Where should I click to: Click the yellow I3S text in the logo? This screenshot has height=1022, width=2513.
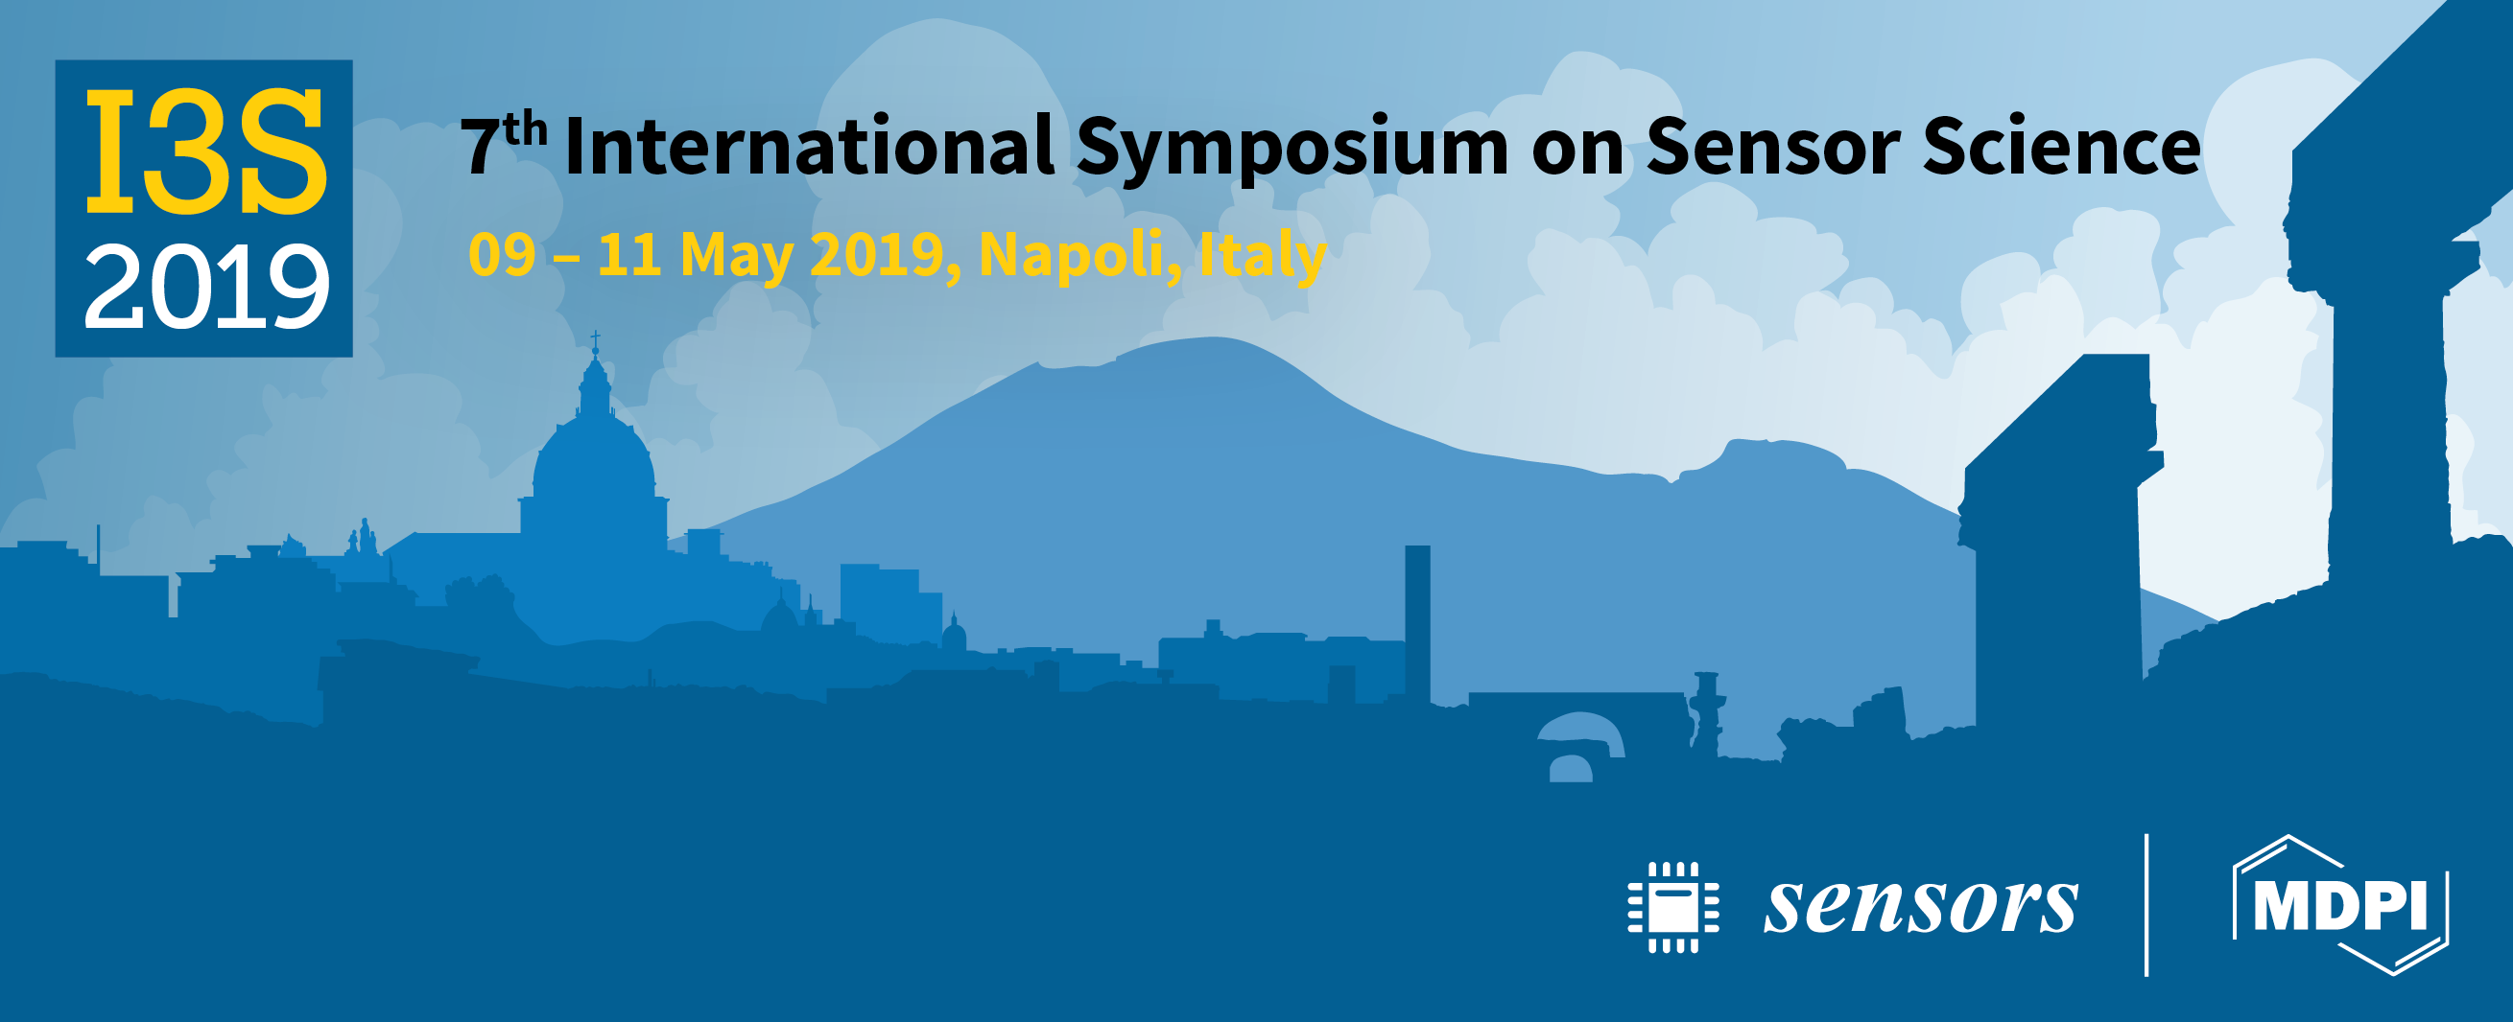point(205,152)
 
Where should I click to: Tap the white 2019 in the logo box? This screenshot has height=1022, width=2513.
point(207,287)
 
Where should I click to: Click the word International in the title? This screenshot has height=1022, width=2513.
point(809,148)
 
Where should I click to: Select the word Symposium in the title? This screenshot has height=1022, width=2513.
point(1292,151)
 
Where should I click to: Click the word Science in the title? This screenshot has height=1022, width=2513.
point(2060,148)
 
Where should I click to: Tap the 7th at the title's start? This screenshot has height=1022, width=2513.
point(504,145)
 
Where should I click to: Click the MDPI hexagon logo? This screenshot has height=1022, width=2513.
point(2340,905)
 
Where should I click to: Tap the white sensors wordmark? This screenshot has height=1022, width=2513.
point(1921,906)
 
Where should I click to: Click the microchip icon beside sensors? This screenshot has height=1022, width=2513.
point(1673,907)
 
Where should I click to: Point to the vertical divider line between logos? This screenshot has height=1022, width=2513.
point(2146,905)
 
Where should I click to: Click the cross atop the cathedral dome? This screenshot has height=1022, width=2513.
point(595,342)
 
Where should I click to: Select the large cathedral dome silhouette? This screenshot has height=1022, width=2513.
point(593,458)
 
